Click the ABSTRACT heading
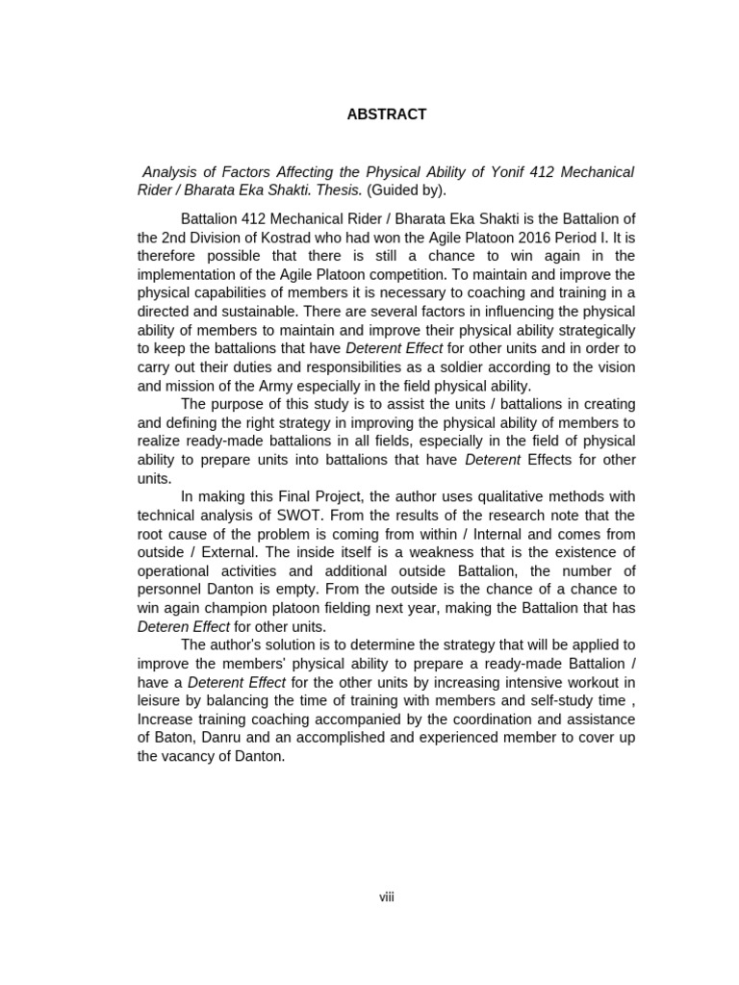[x=386, y=114]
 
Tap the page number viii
[x=387, y=897]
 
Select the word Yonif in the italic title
[x=515, y=172]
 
